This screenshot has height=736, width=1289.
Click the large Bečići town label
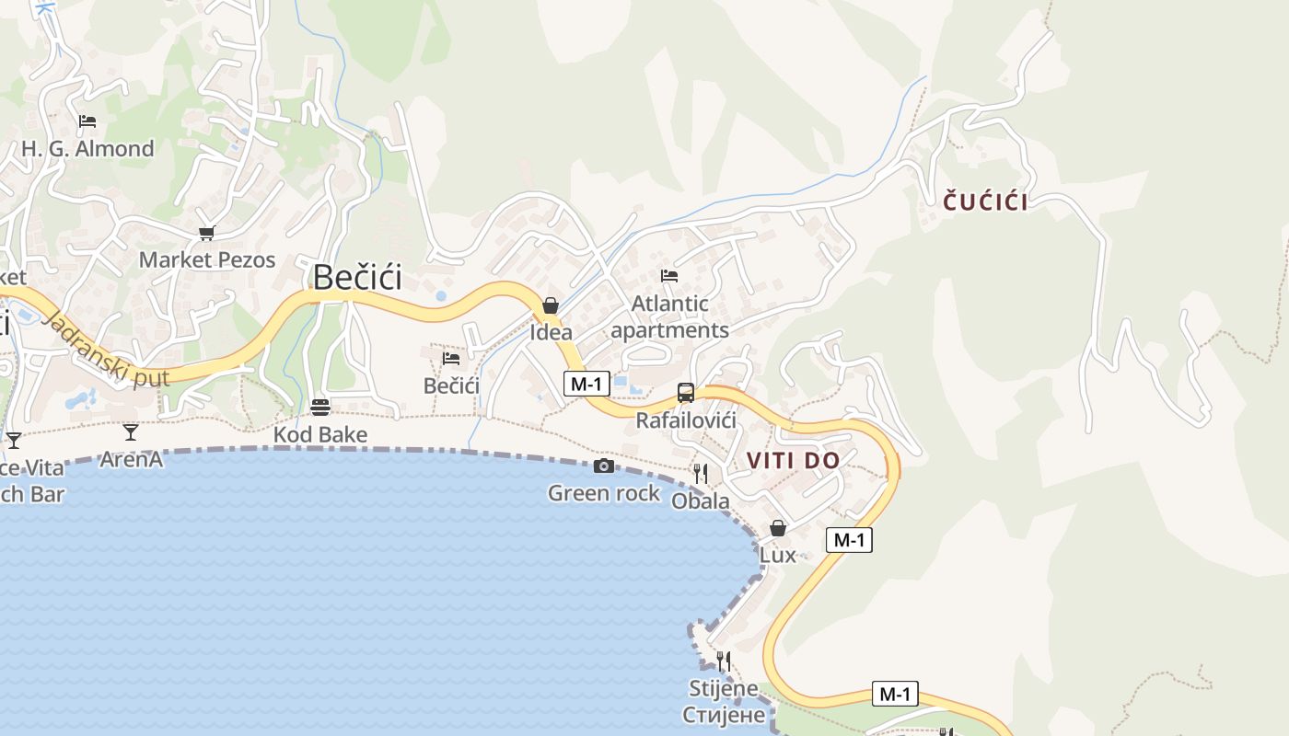357,277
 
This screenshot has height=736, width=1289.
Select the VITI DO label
793,460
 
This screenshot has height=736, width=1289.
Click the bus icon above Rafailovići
685,393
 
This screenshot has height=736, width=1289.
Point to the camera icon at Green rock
604,466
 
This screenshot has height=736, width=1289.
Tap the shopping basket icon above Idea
551,305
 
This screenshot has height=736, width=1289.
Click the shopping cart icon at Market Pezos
206,234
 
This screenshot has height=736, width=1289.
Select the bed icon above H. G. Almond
87,121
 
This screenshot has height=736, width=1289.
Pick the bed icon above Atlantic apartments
669,276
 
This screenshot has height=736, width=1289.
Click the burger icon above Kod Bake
320,407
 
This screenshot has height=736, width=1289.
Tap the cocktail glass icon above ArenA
131,431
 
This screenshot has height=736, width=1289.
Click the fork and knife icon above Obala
701,474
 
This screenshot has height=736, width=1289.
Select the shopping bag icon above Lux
778,528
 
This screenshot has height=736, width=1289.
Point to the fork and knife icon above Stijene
724,661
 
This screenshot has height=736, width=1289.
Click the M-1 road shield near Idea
586,384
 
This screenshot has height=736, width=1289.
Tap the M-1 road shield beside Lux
848,540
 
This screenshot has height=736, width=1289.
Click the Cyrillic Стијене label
724,715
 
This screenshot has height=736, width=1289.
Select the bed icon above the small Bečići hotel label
451,358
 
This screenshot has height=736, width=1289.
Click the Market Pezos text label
207,260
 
